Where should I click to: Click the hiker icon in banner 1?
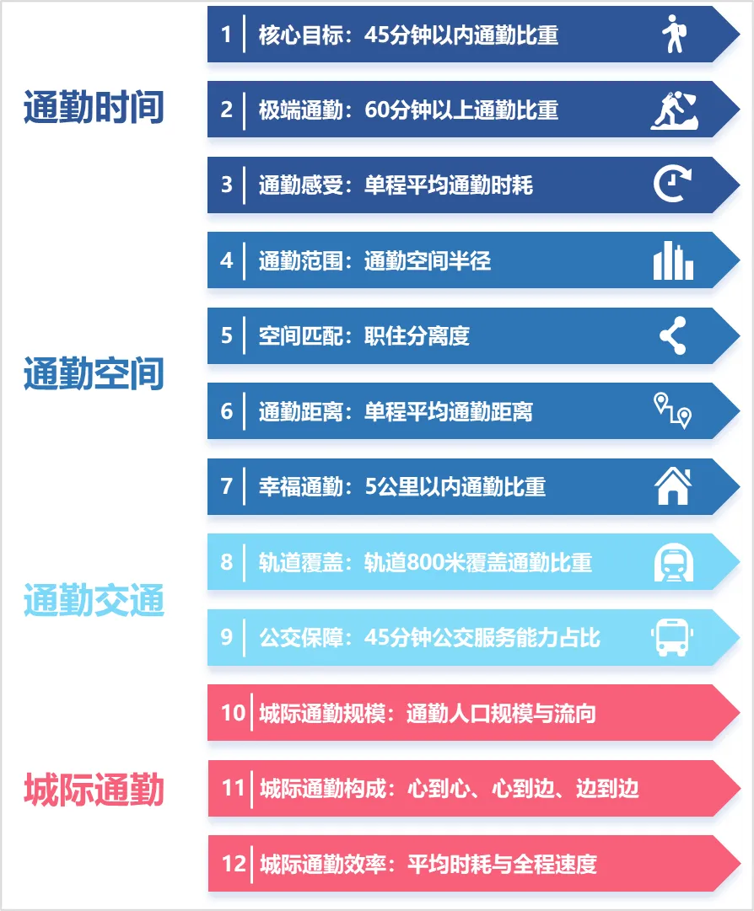coord(673,34)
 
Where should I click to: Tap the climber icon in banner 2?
coord(673,110)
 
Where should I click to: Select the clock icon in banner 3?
coord(673,185)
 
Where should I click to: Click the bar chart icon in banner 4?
coord(673,260)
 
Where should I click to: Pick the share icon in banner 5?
coord(673,335)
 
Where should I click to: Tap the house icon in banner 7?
coord(673,486)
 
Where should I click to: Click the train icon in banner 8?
coord(673,562)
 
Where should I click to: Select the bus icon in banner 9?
coord(673,637)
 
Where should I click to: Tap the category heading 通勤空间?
coord(94,374)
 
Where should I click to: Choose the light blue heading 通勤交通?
coord(94,601)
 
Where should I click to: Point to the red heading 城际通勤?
coord(94,790)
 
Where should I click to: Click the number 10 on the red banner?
coord(232,713)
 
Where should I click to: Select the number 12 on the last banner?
coord(233,864)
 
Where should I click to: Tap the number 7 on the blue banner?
coord(226,486)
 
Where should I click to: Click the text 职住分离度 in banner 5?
coord(417,336)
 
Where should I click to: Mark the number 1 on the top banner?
coord(226,35)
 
